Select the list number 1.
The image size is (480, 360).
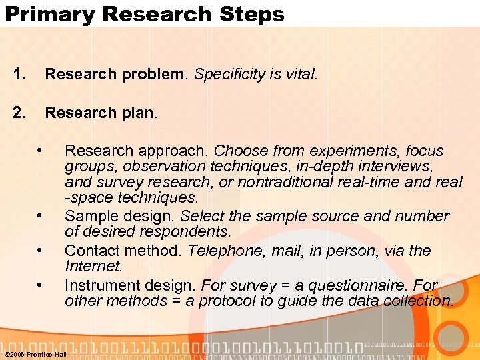tap(19, 75)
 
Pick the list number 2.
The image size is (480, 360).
tap(19, 113)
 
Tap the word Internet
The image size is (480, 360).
tap(93, 267)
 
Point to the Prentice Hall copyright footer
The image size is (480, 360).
tap(35, 354)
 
